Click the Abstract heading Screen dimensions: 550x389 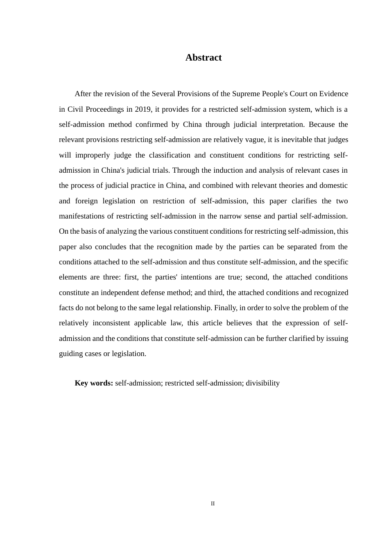click(x=204, y=58)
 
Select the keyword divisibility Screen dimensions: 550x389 click(x=262, y=383)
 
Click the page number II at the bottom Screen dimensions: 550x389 click(x=213, y=504)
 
